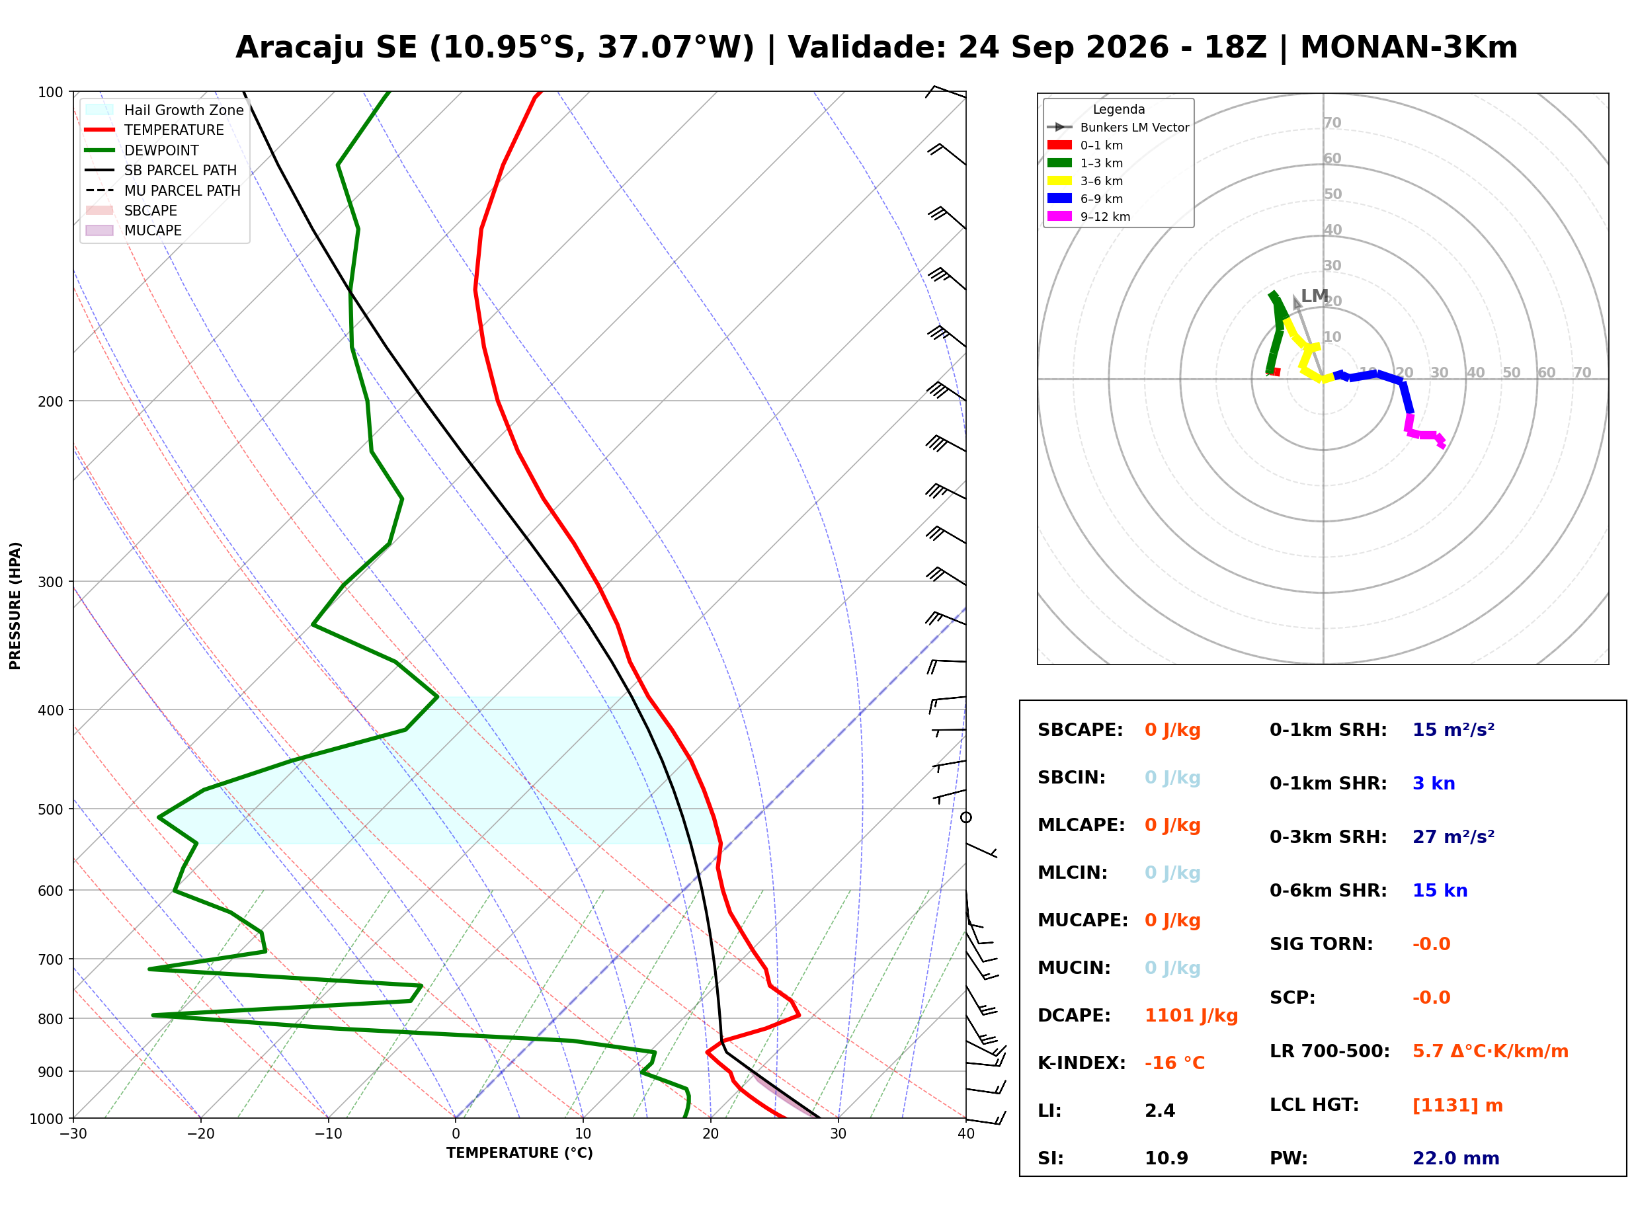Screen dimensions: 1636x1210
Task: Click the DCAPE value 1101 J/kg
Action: point(1191,1015)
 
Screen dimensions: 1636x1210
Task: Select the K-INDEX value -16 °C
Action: point(1174,1063)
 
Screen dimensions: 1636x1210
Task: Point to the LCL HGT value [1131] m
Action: point(1457,1106)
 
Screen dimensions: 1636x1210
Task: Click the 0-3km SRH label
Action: point(1328,836)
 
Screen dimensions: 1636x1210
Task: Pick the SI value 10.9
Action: point(1166,1158)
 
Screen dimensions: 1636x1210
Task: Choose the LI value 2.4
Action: point(1160,1110)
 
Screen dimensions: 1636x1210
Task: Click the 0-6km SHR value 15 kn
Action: point(1440,890)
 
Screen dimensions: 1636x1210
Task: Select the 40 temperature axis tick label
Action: point(965,1134)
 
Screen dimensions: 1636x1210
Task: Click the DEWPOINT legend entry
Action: point(142,150)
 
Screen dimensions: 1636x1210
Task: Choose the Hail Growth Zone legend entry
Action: point(164,110)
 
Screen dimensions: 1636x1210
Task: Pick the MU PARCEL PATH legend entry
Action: point(163,190)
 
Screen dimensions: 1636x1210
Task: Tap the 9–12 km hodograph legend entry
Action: point(1089,216)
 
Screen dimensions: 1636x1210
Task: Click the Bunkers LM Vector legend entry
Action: point(1118,127)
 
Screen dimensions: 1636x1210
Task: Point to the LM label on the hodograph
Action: point(1314,296)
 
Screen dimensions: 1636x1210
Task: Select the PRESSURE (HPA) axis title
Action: point(15,605)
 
